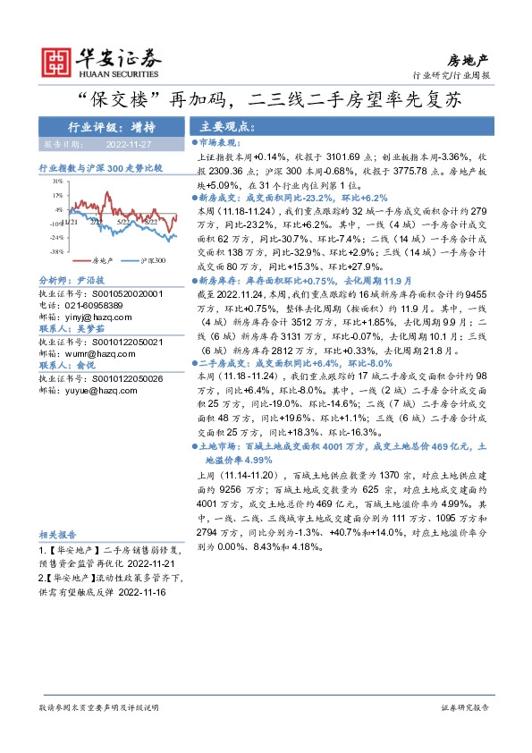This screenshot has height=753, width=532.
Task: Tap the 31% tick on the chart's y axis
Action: click(x=57, y=181)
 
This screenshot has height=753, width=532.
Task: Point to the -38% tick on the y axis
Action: click(x=56, y=252)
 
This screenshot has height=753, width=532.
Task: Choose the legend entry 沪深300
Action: click(x=152, y=259)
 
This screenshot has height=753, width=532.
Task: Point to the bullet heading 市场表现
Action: click(x=220, y=142)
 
